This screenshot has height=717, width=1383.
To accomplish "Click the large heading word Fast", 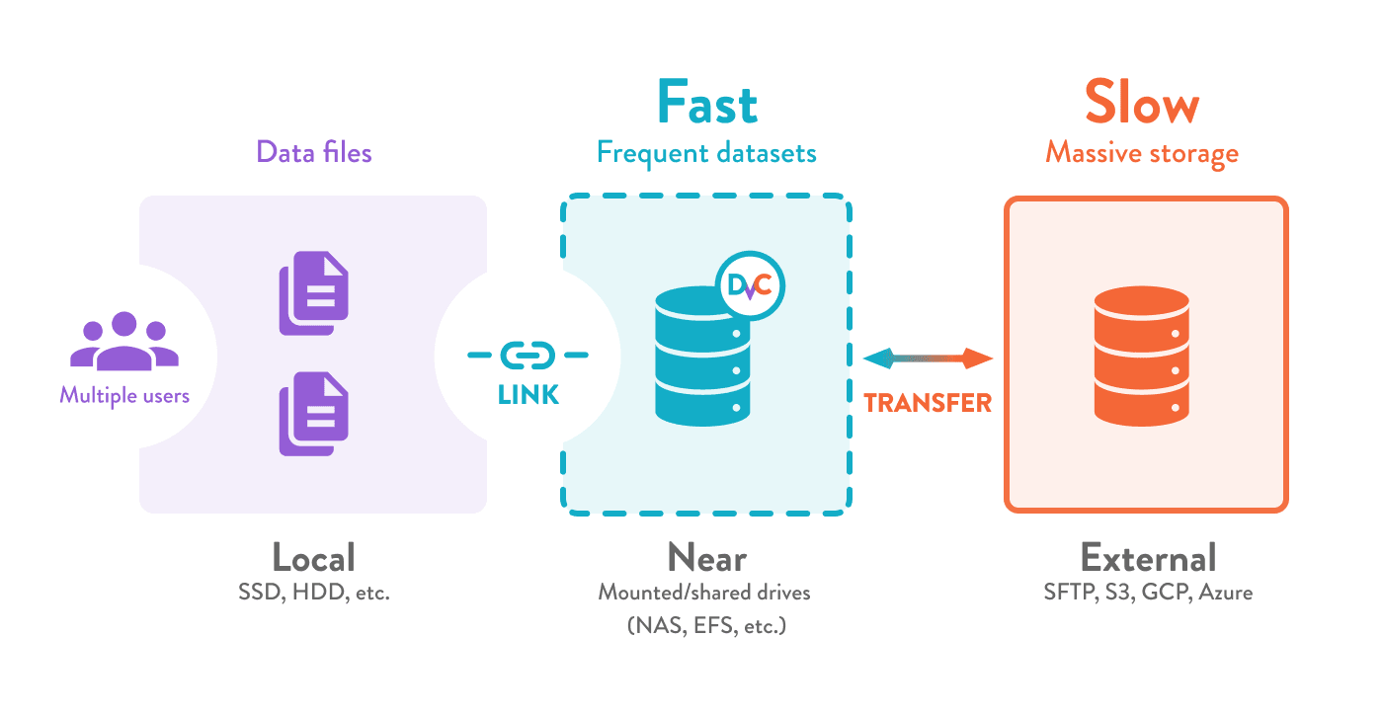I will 707,103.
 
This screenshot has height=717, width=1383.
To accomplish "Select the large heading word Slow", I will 1142,103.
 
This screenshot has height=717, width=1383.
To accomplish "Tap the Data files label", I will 313,152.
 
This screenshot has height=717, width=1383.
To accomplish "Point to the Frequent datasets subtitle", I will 706,153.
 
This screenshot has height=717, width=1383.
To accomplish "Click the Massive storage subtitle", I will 1142,153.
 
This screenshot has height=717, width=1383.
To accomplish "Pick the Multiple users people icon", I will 124,342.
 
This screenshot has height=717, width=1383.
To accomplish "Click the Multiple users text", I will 124,396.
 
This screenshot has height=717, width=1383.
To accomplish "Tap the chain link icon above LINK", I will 529,354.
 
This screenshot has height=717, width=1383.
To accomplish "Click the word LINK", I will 529,396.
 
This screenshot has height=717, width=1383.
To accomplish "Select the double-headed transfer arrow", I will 928,358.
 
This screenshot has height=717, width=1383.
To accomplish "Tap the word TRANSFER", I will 928,403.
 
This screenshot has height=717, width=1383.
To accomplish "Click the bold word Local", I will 313,558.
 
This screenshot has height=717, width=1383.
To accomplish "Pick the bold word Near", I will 706,558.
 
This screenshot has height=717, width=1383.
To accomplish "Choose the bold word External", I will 1148,558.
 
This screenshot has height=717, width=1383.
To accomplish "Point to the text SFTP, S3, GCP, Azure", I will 1148,594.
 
